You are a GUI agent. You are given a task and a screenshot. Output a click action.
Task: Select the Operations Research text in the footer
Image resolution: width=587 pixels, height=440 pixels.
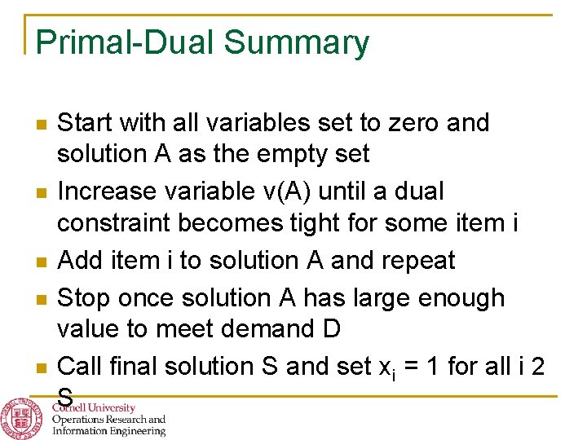pyautogui.click(x=108, y=420)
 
